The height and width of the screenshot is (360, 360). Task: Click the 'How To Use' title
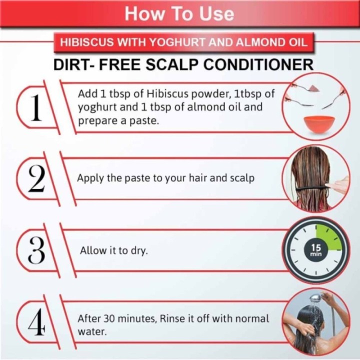pyautogui.click(x=179, y=14)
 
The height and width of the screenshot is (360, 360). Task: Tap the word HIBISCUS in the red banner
pyautogui.click(x=87, y=42)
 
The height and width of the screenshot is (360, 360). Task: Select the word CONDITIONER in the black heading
pyautogui.click(x=258, y=64)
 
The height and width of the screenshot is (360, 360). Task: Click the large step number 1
pyautogui.click(x=36, y=107)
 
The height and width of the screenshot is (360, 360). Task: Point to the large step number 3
pyautogui.click(x=36, y=250)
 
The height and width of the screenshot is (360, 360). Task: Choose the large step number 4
pyautogui.click(x=36, y=321)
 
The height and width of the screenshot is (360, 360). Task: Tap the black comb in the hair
pyautogui.click(x=313, y=188)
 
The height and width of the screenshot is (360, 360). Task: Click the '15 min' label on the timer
pyautogui.click(x=316, y=250)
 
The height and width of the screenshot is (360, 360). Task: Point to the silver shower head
pyautogui.click(x=315, y=298)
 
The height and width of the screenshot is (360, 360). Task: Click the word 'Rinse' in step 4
pyautogui.click(x=171, y=318)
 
